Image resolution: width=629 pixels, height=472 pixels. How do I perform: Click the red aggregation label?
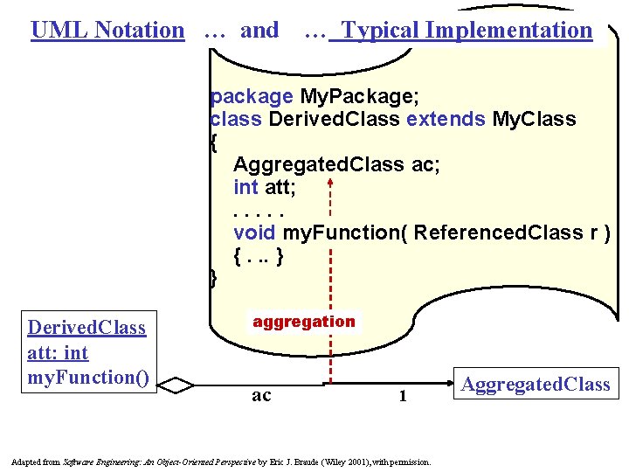(304, 322)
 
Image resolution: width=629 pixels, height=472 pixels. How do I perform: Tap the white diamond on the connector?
(180, 385)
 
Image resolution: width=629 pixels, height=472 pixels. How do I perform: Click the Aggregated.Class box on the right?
(535, 385)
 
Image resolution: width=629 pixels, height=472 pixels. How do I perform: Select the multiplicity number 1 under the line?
(403, 396)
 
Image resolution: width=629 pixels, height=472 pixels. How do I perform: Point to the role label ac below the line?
(261, 395)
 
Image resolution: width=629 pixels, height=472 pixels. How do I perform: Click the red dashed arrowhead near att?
(331, 184)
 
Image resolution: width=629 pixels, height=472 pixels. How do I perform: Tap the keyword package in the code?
(252, 95)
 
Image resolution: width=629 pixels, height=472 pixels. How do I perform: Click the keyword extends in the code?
(446, 118)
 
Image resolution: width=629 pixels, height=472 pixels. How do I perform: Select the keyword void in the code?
(254, 233)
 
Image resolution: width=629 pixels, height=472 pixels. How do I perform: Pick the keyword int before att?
(245, 187)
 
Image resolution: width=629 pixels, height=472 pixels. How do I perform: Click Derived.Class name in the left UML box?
(86, 328)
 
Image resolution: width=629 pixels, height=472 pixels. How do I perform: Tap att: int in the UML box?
(58, 353)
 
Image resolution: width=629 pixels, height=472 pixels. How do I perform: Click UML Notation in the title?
(107, 30)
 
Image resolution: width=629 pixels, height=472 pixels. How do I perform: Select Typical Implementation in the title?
(467, 30)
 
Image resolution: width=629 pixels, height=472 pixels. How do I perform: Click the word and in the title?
(259, 30)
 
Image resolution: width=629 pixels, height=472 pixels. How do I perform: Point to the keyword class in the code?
(237, 118)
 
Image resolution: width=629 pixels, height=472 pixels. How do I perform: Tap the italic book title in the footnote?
(159, 461)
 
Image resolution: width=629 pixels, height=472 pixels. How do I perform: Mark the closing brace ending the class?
(214, 279)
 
